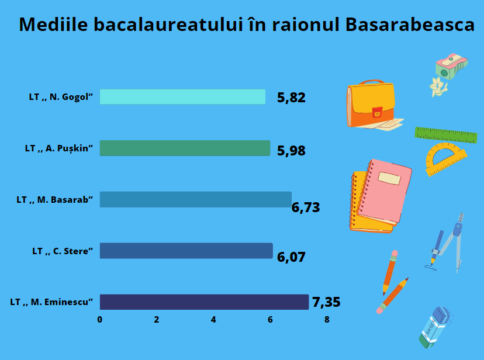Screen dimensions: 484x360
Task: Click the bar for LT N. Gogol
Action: (182, 97)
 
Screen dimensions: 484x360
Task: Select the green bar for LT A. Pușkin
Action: (185, 148)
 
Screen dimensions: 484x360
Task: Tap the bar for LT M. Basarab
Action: (196, 199)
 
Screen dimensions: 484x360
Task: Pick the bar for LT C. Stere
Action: (186, 251)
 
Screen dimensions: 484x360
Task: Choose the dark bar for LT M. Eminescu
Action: (204, 302)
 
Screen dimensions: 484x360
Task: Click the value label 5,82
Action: (291, 98)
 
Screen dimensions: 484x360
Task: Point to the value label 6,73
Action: (306, 207)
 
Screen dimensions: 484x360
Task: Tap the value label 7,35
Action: (326, 302)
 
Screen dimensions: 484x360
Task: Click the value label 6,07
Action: (291, 257)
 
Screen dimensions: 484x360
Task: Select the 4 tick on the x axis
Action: (213, 320)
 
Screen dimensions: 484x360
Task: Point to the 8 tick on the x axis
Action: (327, 320)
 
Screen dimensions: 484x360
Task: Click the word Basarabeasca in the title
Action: (410, 25)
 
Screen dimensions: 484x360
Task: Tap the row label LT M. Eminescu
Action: (51, 302)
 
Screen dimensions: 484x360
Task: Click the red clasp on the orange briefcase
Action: (377, 113)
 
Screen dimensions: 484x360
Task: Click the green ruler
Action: (446, 135)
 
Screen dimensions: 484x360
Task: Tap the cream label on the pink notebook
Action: (389, 178)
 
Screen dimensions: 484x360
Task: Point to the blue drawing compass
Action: (446, 243)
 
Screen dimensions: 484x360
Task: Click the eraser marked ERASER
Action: (434, 328)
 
